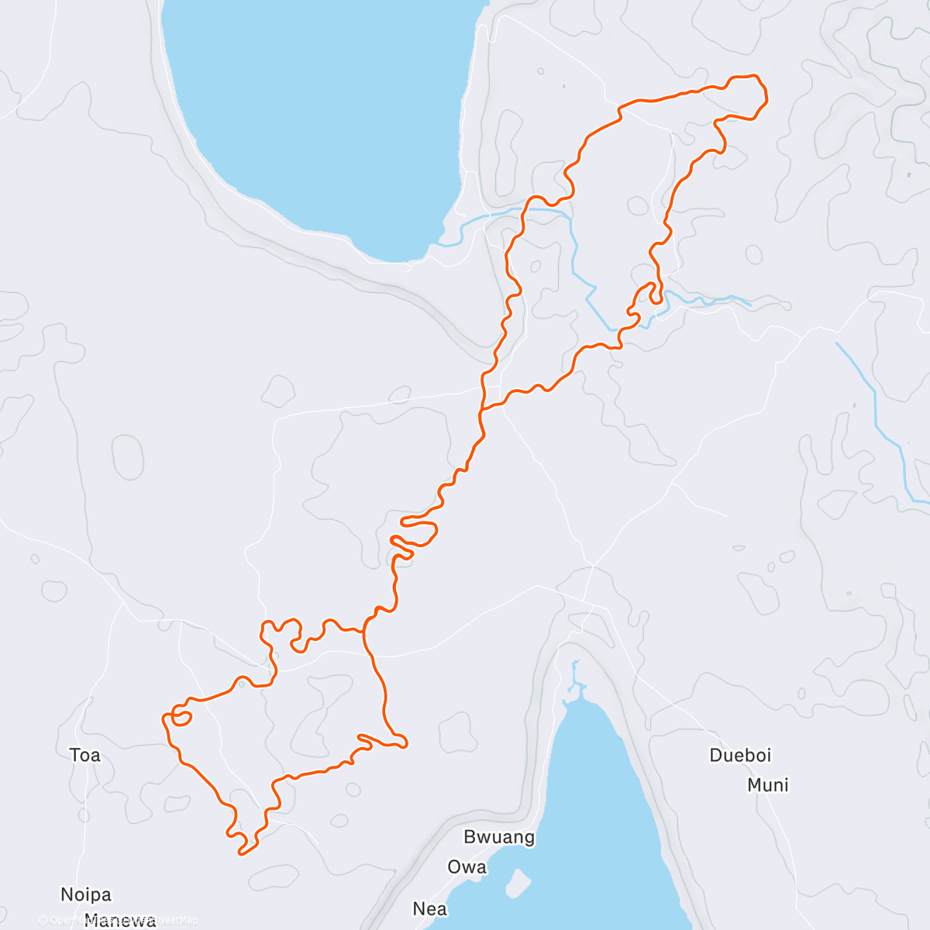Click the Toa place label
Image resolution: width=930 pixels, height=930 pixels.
[x=84, y=755]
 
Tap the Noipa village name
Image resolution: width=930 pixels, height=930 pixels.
[x=86, y=894]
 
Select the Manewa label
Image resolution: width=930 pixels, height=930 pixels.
[x=120, y=921]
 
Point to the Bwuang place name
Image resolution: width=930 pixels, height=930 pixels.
[x=499, y=837]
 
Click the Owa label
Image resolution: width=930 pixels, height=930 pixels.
[x=467, y=866]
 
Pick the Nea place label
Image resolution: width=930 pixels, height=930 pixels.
[x=429, y=908]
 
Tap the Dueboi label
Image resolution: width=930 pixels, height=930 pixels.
[x=740, y=755]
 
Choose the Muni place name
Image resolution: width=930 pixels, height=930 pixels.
[x=767, y=785]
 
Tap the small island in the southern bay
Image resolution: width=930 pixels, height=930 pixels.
[x=518, y=880]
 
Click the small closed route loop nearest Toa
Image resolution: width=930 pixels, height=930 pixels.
[x=181, y=716]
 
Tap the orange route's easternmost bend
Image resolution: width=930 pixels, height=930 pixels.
[x=766, y=97]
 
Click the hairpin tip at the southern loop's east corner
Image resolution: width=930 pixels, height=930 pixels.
[x=405, y=745]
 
